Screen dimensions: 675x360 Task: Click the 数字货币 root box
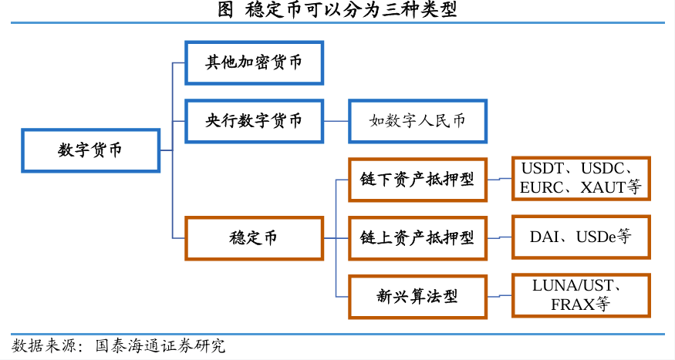pyautogui.click(x=91, y=150)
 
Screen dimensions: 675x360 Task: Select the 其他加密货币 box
pyautogui.click(x=254, y=62)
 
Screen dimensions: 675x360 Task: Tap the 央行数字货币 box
pyautogui.click(x=254, y=121)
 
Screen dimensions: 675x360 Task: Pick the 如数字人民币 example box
pyautogui.click(x=417, y=121)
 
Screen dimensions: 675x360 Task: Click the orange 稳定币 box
pyautogui.click(x=254, y=238)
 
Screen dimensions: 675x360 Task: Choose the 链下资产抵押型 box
pyautogui.click(x=417, y=180)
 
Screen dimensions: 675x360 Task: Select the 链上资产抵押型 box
pyautogui.click(x=417, y=238)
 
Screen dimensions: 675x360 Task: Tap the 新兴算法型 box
pyautogui.click(x=417, y=297)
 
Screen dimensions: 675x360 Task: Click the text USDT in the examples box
pyautogui.click(x=542, y=169)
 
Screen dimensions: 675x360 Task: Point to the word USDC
pyautogui.click(x=602, y=169)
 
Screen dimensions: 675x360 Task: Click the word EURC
pyautogui.click(x=541, y=187)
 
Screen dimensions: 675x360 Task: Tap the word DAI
pyautogui.click(x=545, y=237)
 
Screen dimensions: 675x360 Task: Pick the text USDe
pyautogui.click(x=596, y=237)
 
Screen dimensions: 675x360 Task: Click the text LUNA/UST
pyautogui.click(x=573, y=285)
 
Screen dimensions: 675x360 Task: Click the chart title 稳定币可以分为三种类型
pyautogui.click(x=351, y=9)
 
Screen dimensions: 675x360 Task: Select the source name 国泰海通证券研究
pyautogui.click(x=160, y=346)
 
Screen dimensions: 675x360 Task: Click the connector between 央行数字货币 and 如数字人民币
pyautogui.click(x=336, y=121)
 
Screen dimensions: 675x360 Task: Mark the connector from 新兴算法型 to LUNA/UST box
pyautogui.click(x=499, y=296)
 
